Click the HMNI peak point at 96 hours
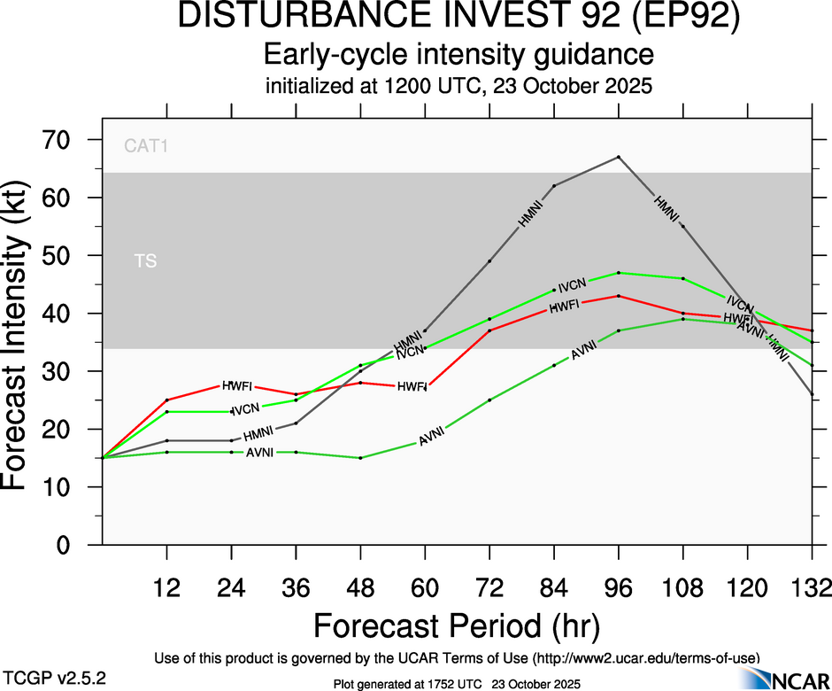[x=619, y=157]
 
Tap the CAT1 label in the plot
[x=146, y=146]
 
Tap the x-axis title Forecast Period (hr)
[x=457, y=626]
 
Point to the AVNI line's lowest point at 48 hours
[x=360, y=458]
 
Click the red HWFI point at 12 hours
[x=166, y=400]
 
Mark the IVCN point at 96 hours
[x=619, y=273]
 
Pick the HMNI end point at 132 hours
[x=813, y=394]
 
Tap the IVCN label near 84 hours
[x=573, y=284]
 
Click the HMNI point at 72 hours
[x=489, y=261]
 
